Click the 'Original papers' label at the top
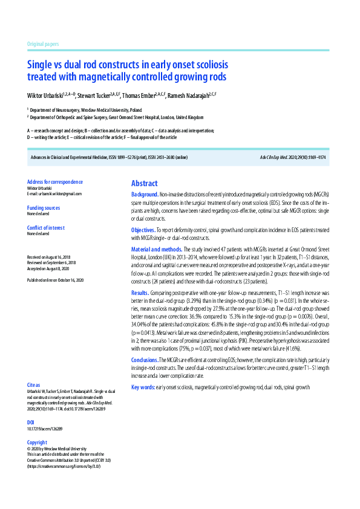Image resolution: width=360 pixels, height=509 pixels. pos(43,44)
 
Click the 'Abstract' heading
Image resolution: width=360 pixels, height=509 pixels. pos(144,183)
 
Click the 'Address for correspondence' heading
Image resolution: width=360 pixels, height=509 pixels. pos(55,182)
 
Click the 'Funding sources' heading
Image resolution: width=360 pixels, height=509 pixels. pos(44,207)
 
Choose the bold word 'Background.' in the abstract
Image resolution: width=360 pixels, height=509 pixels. pos(145,195)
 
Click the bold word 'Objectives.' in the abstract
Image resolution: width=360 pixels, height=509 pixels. pos(143,230)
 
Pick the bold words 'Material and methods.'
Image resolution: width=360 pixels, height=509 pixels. pos(156,249)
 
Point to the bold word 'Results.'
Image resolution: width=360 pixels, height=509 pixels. pos(140,292)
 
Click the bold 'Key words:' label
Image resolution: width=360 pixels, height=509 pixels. pos(143,386)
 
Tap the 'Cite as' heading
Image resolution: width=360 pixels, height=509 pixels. pos(34,384)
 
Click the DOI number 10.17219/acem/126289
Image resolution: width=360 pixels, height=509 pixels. pos(45,429)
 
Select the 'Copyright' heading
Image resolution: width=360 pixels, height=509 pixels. pos(37,443)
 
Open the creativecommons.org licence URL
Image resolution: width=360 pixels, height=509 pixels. pos(64,466)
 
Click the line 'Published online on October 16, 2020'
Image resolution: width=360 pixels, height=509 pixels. pos(55,280)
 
